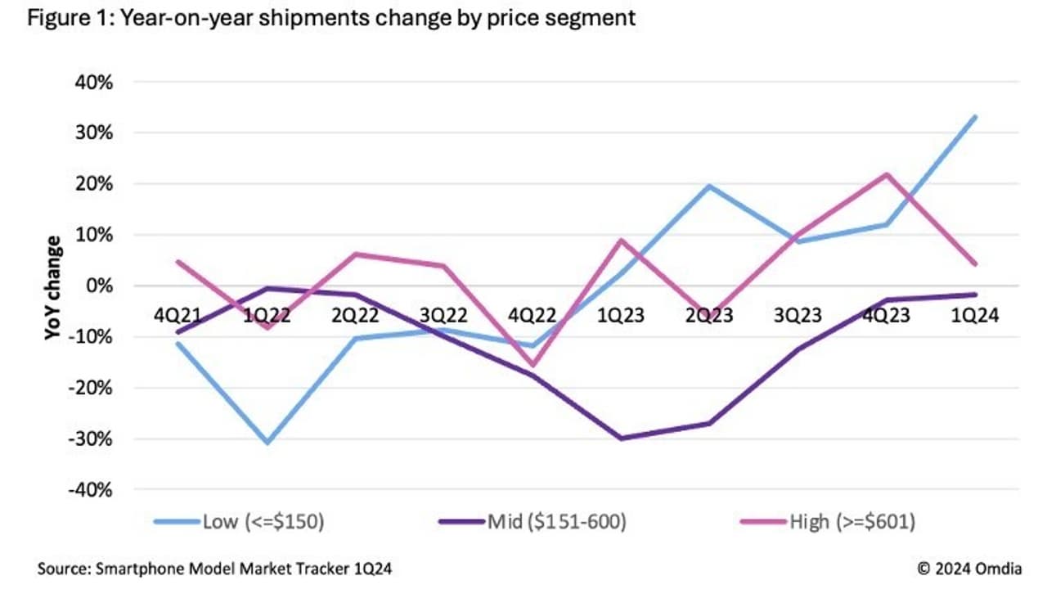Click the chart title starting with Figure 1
coord(331,18)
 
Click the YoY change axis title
coord(53,287)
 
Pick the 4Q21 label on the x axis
coord(177,316)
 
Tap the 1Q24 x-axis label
coord(974,316)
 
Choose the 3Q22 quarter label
coord(443,316)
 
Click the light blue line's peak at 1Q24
coord(974,117)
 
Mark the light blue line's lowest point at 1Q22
coord(267,443)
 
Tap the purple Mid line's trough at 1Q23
coord(621,439)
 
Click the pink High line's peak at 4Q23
coord(886,174)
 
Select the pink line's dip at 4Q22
coord(532,365)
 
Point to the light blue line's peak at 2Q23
coord(709,186)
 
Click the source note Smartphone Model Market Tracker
coord(214,569)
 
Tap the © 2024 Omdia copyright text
coord(968,569)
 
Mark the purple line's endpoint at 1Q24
coord(974,295)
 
